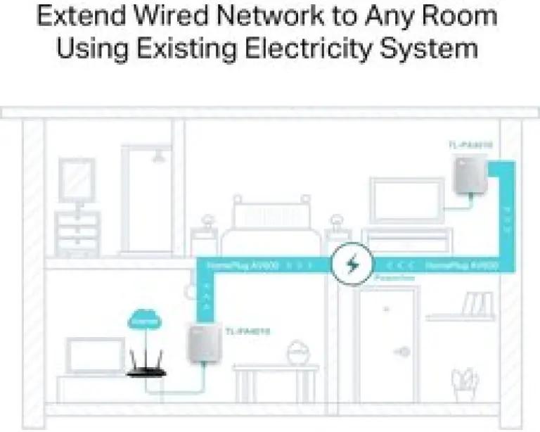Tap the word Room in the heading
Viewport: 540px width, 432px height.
click(461, 16)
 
